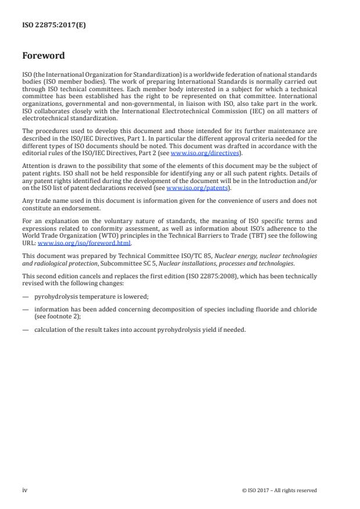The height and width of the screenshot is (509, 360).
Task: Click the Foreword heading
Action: [43, 56]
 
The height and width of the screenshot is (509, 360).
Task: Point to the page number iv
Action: [25, 490]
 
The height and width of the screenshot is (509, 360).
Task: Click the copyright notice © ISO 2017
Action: [279, 490]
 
